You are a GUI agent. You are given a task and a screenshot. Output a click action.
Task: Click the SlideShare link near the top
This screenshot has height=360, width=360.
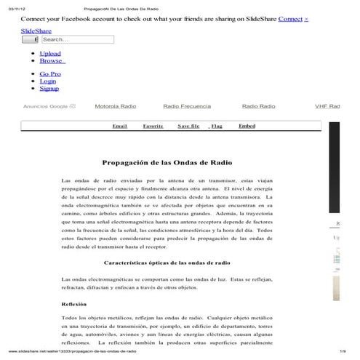point(36,31)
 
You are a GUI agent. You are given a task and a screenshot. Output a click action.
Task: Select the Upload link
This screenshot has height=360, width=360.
point(50,53)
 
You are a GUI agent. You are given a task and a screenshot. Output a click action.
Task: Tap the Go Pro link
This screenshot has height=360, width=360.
point(50,73)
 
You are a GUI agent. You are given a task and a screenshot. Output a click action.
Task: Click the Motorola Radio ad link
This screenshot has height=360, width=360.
point(115,106)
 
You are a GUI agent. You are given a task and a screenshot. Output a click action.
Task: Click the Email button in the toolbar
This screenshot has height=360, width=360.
point(119,126)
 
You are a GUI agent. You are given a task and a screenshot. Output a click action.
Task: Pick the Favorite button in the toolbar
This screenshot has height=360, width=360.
point(153,126)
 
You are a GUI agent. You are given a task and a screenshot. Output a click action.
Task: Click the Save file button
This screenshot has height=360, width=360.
point(188,126)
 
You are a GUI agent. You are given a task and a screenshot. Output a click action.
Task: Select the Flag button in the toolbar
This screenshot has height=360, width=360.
point(216,126)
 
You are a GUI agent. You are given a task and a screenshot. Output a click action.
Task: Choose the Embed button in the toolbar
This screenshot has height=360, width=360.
point(247,126)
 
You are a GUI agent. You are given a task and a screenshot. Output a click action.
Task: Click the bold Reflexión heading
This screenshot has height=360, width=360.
point(74,303)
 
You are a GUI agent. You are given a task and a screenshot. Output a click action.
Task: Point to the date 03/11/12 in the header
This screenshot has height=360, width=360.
point(15,7)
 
